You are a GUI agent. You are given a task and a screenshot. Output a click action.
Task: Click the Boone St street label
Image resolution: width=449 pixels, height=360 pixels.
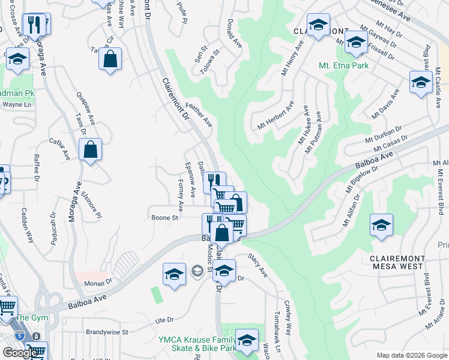click(x=165, y=218)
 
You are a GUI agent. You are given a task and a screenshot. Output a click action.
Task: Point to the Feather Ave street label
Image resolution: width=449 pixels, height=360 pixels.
click(x=199, y=114)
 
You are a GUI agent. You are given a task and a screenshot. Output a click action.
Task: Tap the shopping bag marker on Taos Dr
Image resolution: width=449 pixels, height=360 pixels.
click(x=90, y=150)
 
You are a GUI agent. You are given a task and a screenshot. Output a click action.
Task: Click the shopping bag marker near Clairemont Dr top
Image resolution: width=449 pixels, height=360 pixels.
click(x=110, y=59)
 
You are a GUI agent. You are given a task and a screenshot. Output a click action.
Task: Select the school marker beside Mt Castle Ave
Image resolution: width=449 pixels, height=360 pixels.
click(x=421, y=82)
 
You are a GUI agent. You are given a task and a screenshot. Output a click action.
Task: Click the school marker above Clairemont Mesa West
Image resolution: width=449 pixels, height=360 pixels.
click(x=381, y=225)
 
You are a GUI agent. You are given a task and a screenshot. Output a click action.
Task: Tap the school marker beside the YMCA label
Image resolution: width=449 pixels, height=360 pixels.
click(x=246, y=340)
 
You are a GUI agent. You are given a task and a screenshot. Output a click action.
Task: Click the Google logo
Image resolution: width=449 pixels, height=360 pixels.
click(x=20, y=353)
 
